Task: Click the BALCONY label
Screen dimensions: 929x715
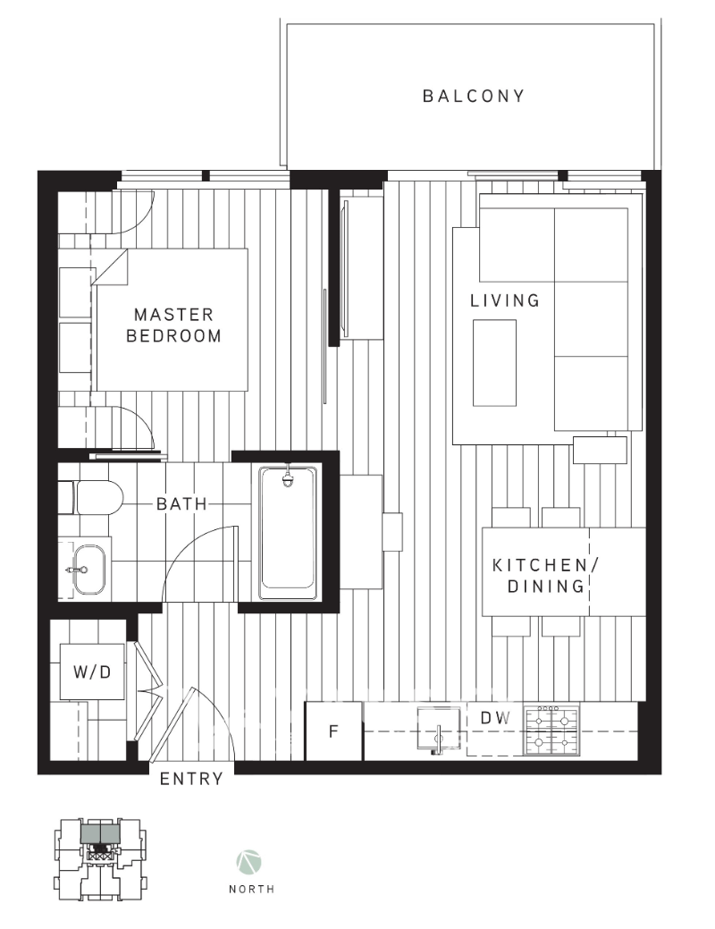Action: point(473,96)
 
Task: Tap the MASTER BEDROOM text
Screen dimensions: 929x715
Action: point(173,325)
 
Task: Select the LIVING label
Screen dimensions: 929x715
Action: point(505,300)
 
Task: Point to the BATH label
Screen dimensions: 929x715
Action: point(181,504)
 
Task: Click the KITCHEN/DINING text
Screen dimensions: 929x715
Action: point(540,576)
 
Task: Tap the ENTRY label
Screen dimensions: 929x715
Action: point(191,779)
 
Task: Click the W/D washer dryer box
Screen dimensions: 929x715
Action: point(92,671)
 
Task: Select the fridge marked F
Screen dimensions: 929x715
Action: point(333,731)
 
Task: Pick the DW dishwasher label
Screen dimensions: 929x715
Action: point(494,717)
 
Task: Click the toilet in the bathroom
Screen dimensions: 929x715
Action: point(97,497)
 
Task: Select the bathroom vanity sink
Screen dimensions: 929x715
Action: point(88,569)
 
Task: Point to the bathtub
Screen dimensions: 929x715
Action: point(289,533)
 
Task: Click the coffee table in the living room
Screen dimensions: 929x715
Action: point(494,362)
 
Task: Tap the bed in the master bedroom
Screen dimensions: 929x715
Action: point(170,319)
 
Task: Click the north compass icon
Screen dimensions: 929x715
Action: point(248,863)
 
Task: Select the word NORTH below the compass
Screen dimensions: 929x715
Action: point(251,890)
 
